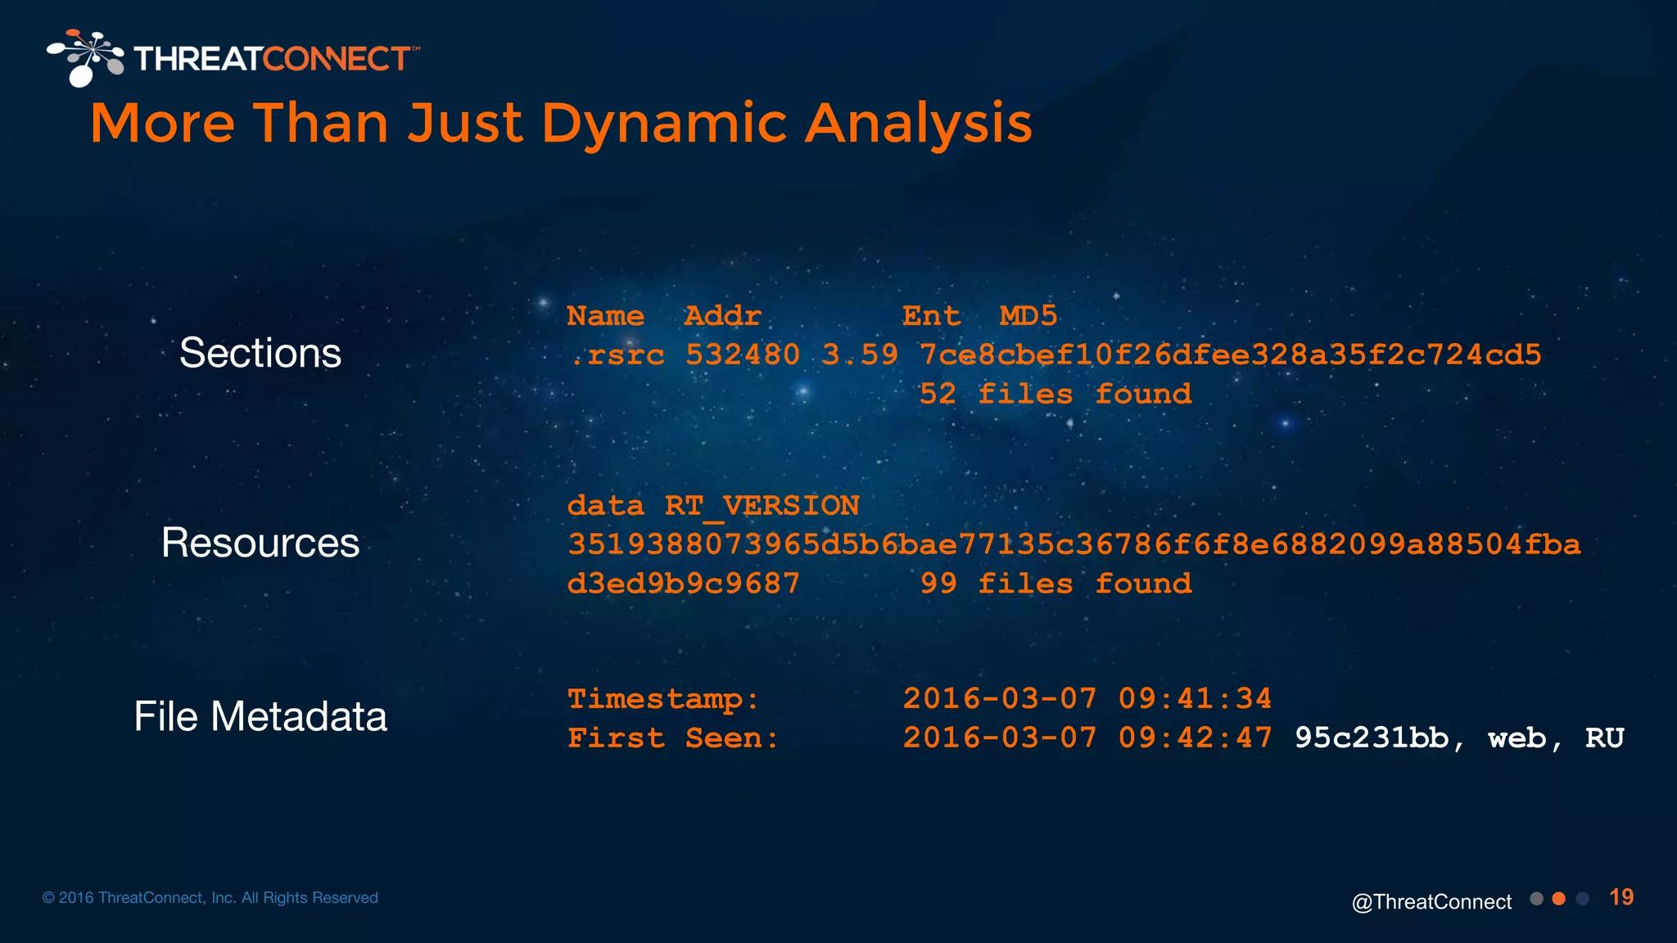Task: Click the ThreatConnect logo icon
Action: point(84,57)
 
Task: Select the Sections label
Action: point(260,354)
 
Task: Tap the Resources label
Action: point(260,543)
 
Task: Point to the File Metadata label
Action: point(260,716)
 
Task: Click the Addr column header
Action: point(722,316)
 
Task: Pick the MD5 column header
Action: point(1028,316)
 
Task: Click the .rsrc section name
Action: point(617,355)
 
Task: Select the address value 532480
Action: point(742,355)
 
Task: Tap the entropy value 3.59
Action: point(860,355)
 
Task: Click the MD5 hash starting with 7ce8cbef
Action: point(1230,355)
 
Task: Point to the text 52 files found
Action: point(1055,395)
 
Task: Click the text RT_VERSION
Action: point(762,506)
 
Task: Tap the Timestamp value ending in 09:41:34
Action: point(1087,699)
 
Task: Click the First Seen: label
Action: point(673,738)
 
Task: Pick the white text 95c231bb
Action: point(1372,738)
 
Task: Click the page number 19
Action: point(1621,898)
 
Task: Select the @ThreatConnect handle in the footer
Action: point(1431,902)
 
